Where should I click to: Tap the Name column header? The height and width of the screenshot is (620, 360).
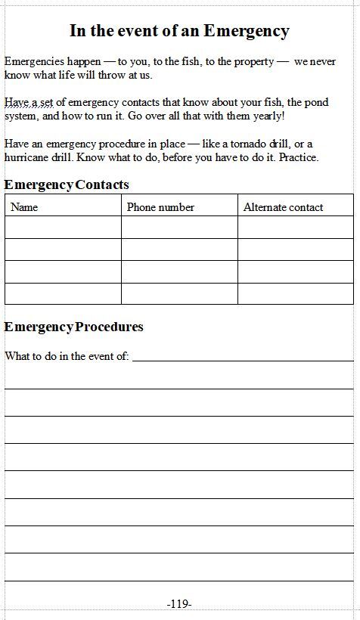24,207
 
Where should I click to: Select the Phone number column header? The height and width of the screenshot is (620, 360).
160,207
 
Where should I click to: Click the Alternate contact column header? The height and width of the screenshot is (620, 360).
283,207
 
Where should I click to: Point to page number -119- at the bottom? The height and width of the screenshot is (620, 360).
179,603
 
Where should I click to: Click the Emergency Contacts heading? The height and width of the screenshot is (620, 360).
67,184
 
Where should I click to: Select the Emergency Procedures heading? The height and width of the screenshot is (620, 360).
73,327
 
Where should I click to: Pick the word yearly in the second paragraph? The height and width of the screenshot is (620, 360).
268,116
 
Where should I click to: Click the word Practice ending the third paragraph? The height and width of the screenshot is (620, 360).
299,157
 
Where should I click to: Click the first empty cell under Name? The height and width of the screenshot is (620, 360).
63,228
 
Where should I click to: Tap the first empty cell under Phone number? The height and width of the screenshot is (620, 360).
179,228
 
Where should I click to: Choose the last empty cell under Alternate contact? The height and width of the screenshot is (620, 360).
295,293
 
